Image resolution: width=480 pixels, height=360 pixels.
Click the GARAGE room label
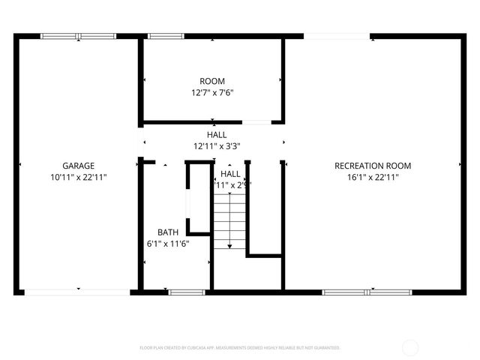pyautogui.click(x=78, y=166)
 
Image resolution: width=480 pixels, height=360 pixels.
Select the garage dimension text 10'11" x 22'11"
pyautogui.click(x=78, y=178)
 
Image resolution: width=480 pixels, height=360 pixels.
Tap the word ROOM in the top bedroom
pyautogui.click(x=211, y=81)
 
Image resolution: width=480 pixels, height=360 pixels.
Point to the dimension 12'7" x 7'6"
pyautogui.click(x=211, y=93)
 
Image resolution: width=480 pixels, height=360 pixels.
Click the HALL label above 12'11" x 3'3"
pyautogui.click(x=217, y=134)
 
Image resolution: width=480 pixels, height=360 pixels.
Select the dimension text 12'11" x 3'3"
pyautogui.click(x=217, y=146)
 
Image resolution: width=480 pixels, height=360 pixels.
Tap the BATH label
pyautogui.click(x=167, y=232)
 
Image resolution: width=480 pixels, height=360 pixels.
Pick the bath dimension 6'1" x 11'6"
pyautogui.click(x=167, y=244)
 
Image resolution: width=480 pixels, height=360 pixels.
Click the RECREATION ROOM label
pyautogui.click(x=373, y=166)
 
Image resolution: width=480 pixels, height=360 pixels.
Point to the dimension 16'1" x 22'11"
pyautogui.click(x=373, y=178)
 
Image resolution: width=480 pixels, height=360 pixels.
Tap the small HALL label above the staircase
pyautogui.click(x=230, y=173)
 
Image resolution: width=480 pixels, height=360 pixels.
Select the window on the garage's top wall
pyautogui.click(x=78, y=35)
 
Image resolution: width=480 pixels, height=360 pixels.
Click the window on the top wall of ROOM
pyautogui.click(x=160, y=35)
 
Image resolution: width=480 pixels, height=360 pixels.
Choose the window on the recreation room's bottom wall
pyautogui.click(x=367, y=292)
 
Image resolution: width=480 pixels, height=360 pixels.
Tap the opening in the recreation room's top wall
pyautogui.click(x=325, y=35)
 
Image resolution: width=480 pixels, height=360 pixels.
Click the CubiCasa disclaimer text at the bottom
pyautogui.click(x=240, y=348)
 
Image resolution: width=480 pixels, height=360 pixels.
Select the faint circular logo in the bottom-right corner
pyautogui.click(x=410, y=348)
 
